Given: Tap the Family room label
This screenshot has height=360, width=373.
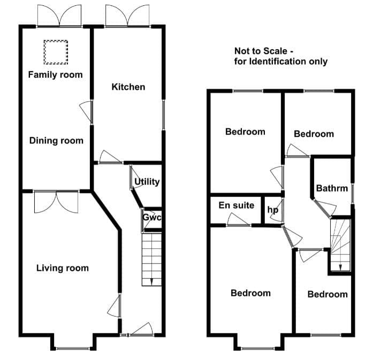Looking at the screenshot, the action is point(56,75).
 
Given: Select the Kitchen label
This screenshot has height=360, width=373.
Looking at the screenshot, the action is point(128,87).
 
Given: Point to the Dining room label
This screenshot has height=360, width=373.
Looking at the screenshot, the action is point(56,141).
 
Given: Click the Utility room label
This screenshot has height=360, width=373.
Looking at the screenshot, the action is point(147,182).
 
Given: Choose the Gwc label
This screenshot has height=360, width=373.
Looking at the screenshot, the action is point(152,217).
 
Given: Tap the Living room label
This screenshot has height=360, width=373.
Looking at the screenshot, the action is point(63,268).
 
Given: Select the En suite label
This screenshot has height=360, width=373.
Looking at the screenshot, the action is point(237,205).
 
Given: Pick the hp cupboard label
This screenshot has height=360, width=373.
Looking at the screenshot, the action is point(272,210).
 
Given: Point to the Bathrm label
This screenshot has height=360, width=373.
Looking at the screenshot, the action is point(332,188).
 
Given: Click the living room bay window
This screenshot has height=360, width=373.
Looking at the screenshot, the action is point(73,349).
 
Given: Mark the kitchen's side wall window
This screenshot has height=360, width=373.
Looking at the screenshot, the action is point(163,114).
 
